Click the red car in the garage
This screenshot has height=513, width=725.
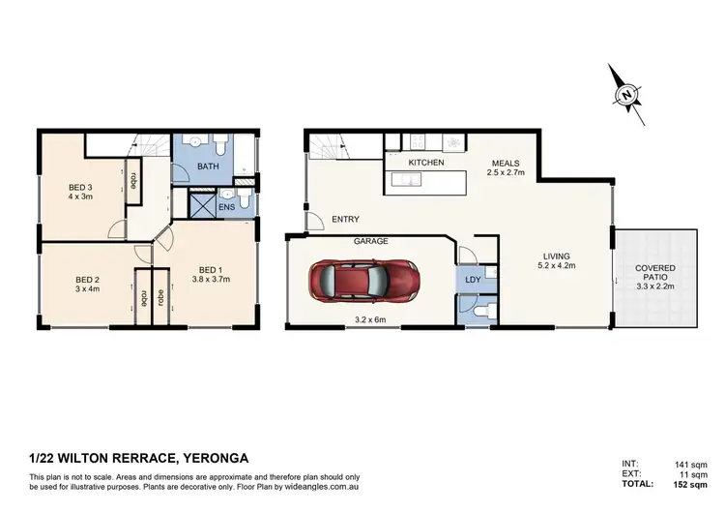coord(360,282)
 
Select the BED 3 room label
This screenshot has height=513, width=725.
coord(80,188)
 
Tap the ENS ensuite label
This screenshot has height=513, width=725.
coord(226,206)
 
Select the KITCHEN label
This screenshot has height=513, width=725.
coord(426,163)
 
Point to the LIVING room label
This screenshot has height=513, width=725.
coord(555,256)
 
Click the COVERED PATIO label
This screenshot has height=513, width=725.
coord(655,272)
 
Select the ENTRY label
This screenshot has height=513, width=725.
coord(345,220)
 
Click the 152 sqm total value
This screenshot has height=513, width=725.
coord(697,484)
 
